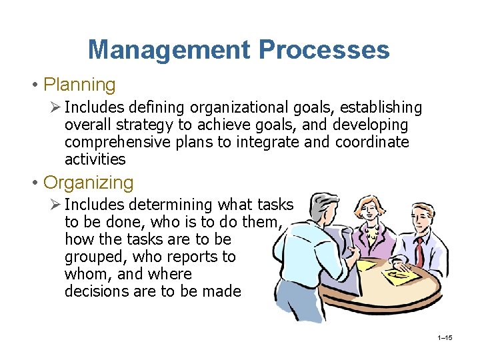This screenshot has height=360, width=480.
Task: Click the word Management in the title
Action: tap(169, 50)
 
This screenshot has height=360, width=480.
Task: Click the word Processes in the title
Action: tap(325, 50)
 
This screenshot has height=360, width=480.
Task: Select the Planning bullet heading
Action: tap(79, 85)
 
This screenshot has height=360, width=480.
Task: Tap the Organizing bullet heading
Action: tap(89, 182)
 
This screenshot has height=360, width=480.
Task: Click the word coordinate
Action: tap(372, 142)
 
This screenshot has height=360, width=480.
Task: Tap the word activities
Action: tap(95, 159)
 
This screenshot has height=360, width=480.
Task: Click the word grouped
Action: tap(96, 257)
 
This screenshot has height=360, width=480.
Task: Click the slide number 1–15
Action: tap(445, 338)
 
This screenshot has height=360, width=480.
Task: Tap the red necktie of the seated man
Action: tap(420, 250)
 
